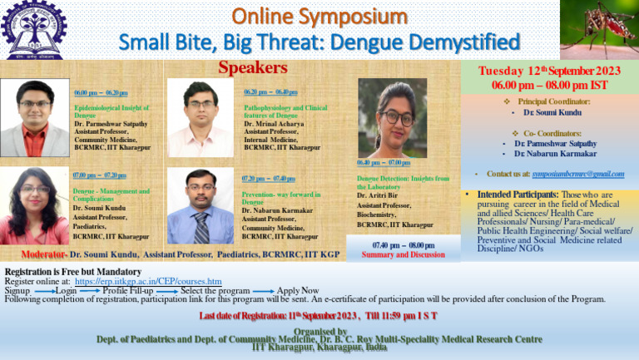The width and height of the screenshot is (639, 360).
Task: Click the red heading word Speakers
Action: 253,67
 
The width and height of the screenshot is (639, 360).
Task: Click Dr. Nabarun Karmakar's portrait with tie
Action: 201,206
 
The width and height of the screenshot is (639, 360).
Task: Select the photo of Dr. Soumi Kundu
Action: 34,205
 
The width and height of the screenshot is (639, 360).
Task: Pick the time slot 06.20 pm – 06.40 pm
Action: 271,92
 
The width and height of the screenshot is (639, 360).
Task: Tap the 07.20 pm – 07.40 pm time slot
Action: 268,179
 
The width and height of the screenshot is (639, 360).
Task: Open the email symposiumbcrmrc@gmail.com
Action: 578,173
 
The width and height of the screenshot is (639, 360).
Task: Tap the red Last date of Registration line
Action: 319,316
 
